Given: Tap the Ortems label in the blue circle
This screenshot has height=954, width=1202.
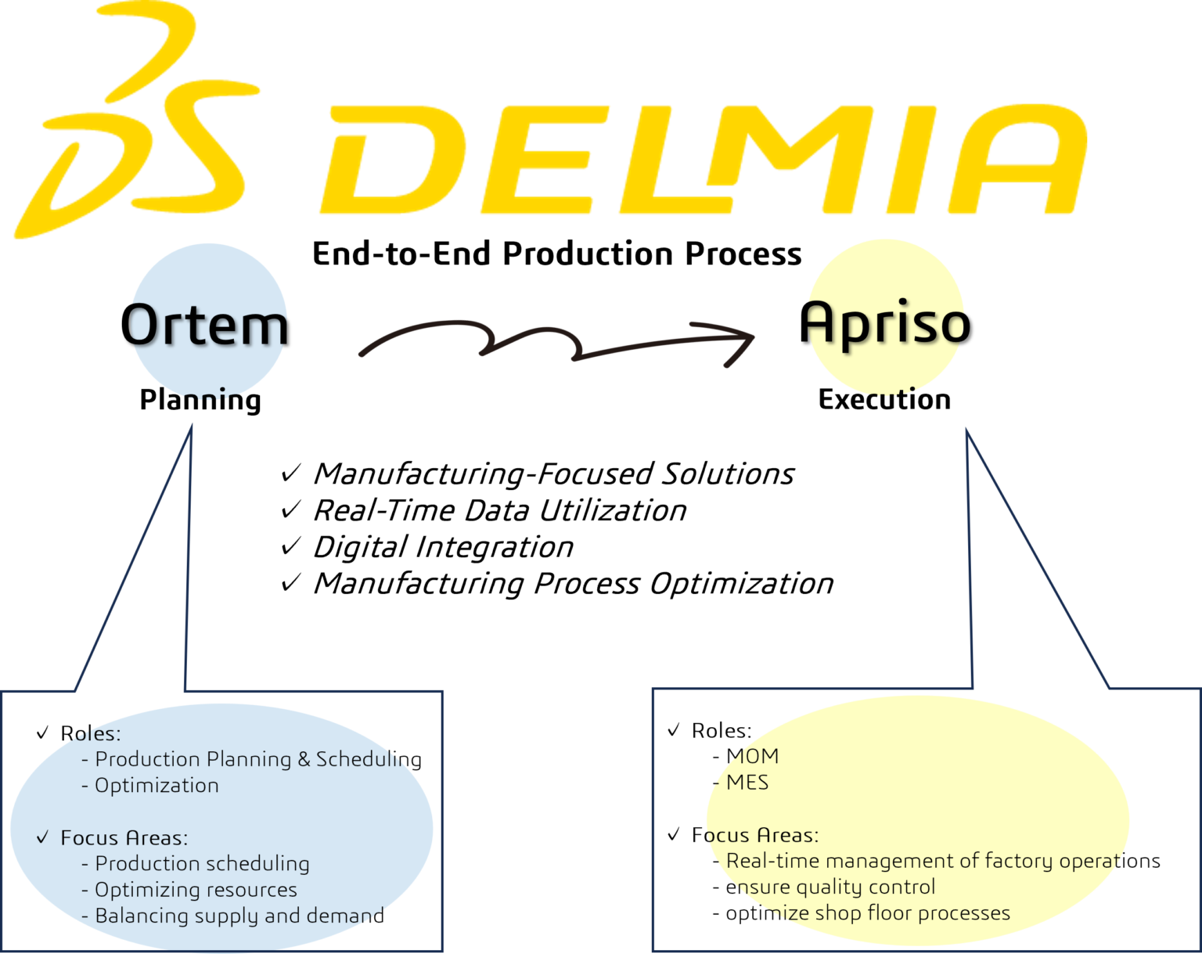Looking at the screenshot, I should (208, 326).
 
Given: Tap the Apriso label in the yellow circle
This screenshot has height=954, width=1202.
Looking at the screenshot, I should (885, 322).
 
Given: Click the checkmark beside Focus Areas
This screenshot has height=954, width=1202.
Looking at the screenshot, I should (43, 837).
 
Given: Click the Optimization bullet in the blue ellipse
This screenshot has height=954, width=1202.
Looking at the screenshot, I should (156, 786).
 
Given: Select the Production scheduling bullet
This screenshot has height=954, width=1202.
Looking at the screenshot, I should (201, 864).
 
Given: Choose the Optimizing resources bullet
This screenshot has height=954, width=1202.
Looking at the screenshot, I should (195, 890).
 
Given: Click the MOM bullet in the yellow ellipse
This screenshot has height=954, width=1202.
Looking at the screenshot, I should (751, 756).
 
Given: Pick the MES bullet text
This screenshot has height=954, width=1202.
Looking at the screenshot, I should (747, 783).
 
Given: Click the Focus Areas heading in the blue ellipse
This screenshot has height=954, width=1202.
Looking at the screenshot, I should (124, 838).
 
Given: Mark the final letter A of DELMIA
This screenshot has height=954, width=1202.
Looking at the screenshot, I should (1017, 160).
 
